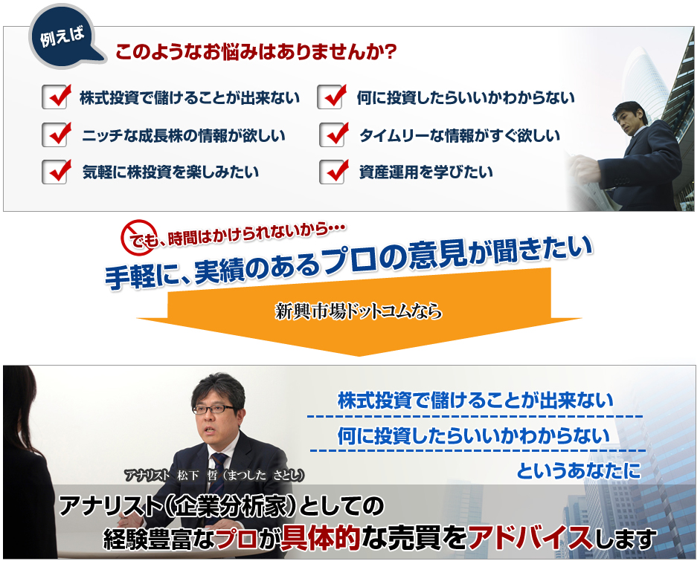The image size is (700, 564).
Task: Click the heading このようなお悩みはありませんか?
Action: point(255,54)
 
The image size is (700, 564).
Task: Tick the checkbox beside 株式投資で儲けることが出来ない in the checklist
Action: point(56,97)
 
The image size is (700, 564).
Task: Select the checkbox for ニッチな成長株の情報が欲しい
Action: point(56,135)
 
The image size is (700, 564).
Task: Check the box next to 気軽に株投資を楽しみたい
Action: point(56,172)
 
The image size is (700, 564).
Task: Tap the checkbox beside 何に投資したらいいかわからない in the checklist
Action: point(332,97)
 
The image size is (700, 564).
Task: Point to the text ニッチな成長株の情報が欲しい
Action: point(184,137)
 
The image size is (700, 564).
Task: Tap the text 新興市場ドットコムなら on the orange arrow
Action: point(358,311)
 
